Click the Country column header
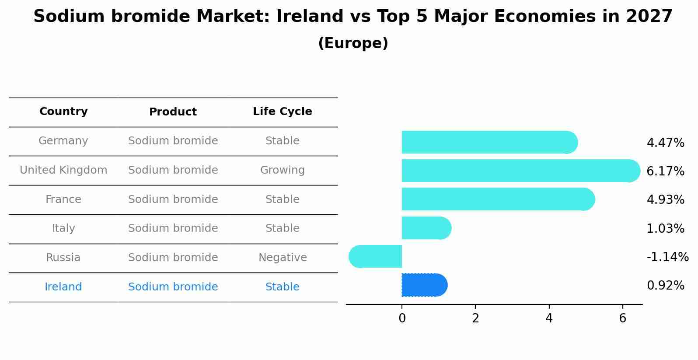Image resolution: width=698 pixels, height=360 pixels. pyautogui.click(x=63, y=112)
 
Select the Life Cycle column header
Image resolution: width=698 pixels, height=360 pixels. pyautogui.click(x=282, y=112)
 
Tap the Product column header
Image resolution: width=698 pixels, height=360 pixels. pyautogui.click(x=173, y=112)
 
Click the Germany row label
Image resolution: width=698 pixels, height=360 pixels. pyautogui.click(x=63, y=141)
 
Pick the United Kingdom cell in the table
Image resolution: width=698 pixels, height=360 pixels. pyautogui.click(x=63, y=170)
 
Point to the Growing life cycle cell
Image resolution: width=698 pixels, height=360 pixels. pyautogui.click(x=282, y=170)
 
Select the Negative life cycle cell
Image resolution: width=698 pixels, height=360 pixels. pyautogui.click(x=282, y=258)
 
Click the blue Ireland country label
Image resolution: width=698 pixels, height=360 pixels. pyautogui.click(x=63, y=287)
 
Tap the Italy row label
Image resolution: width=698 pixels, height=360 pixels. pyautogui.click(x=63, y=228)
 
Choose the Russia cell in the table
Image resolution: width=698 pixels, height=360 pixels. pyautogui.click(x=63, y=258)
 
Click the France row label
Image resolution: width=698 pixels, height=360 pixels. pyautogui.click(x=63, y=199)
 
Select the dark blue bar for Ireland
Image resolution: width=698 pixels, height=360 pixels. pyautogui.click(x=423, y=285)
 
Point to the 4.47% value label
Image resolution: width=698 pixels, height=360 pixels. pyautogui.click(x=665, y=143)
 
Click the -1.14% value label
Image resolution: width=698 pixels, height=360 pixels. pyautogui.click(x=667, y=257)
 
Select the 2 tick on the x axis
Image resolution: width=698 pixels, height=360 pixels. pyautogui.click(x=475, y=318)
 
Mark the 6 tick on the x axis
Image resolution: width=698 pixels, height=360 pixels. pyautogui.click(x=623, y=318)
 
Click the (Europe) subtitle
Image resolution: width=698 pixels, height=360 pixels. pyautogui.click(x=353, y=43)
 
